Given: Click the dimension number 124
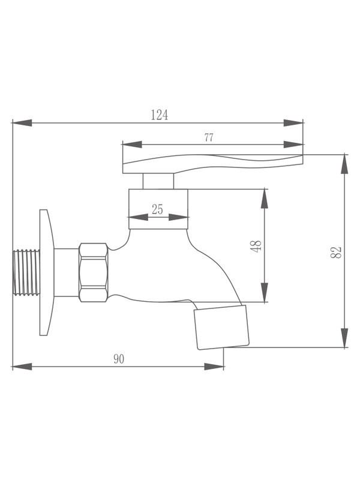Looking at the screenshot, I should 159,115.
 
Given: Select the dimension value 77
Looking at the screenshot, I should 208,137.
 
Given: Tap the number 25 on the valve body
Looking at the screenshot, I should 157,209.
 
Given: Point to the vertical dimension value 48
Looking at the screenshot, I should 257,246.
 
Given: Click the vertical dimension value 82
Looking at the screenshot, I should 337,251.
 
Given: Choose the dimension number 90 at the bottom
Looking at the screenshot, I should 119,359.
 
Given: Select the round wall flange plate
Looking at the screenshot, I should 44,272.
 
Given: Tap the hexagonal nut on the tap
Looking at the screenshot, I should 93,272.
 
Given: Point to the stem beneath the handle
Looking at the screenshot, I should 158,181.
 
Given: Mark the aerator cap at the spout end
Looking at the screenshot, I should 221,327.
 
